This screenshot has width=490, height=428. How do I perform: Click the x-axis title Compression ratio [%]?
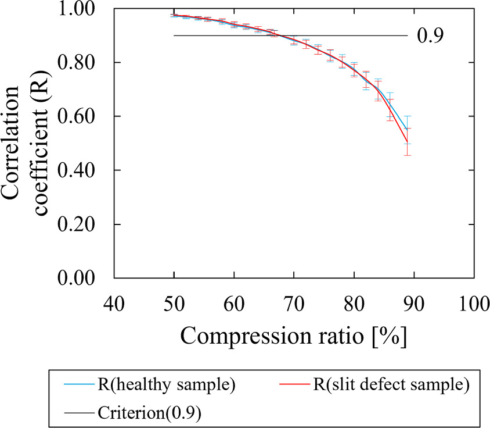pyautogui.click(x=294, y=336)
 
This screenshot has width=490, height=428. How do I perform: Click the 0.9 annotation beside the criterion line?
pyautogui.click(x=430, y=36)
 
